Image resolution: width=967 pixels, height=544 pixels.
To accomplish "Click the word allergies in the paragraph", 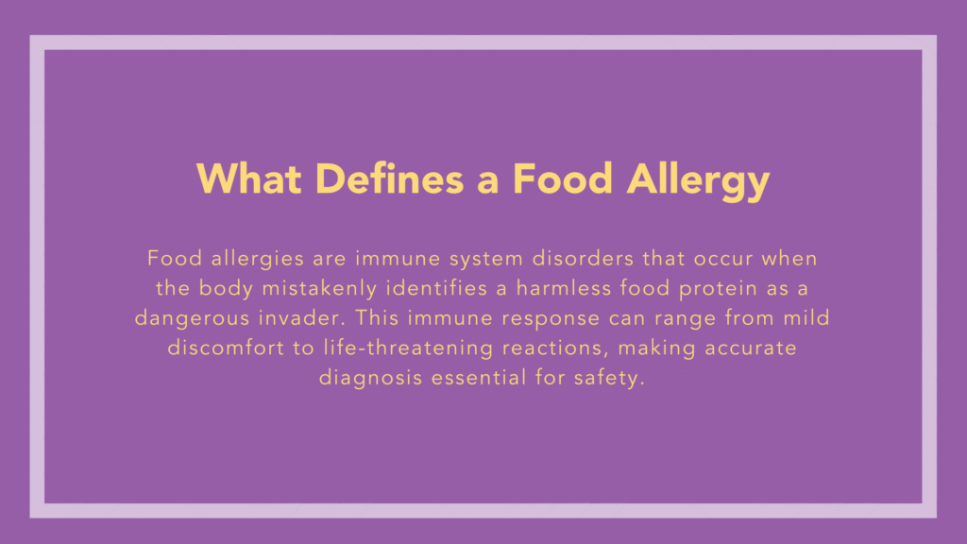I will pyautogui.click(x=249, y=257).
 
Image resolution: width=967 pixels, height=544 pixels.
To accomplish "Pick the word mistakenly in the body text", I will pyautogui.click(x=322, y=287).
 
